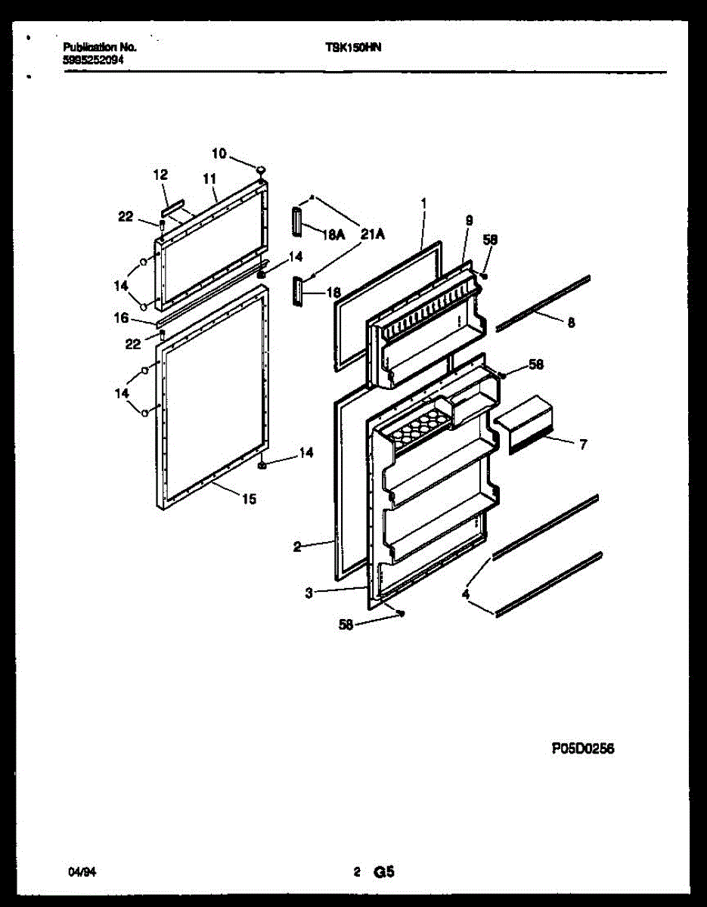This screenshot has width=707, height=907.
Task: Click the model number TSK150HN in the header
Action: (x=353, y=47)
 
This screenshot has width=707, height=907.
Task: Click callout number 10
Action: (x=219, y=153)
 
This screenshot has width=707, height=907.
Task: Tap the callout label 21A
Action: (x=372, y=235)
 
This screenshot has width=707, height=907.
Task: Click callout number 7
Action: (x=583, y=445)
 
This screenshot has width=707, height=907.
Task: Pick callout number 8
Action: (x=571, y=323)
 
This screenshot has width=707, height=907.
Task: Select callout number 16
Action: (x=121, y=319)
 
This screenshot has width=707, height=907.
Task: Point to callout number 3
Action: (x=309, y=593)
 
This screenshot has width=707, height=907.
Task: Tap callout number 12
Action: (x=160, y=175)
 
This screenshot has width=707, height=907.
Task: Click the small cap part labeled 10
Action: (x=260, y=169)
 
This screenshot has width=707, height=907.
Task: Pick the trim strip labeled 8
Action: (x=542, y=302)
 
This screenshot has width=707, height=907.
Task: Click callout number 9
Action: (x=470, y=221)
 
